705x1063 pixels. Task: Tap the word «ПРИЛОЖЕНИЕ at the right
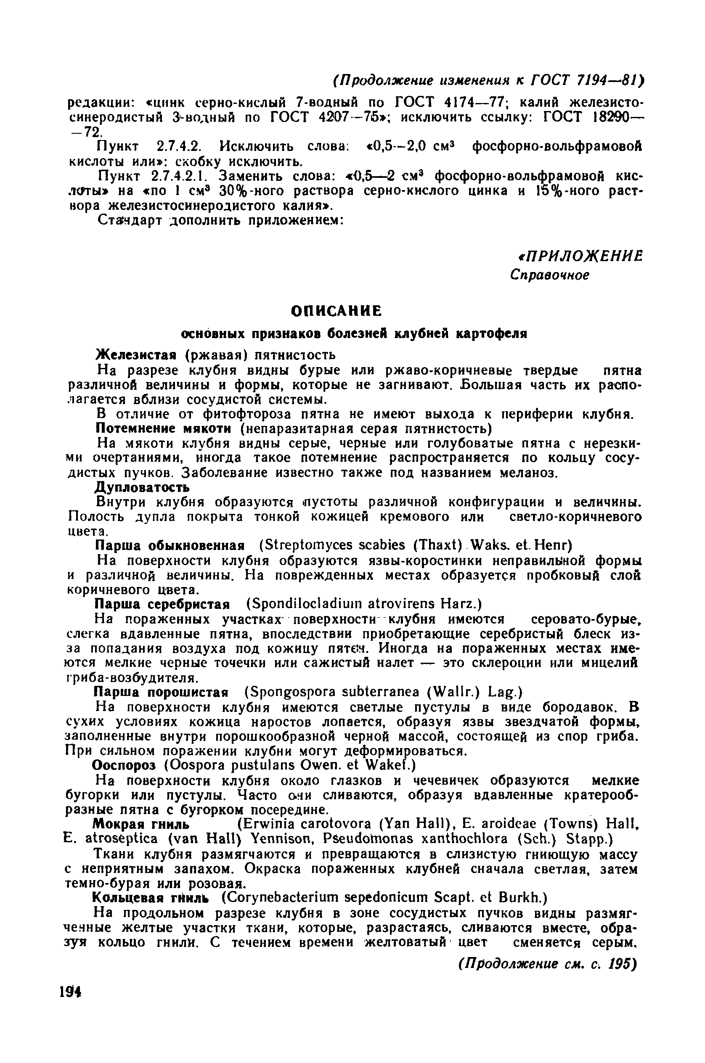[580, 256]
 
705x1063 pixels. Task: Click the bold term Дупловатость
[142, 487]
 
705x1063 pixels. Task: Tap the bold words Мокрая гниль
[139, 822]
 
